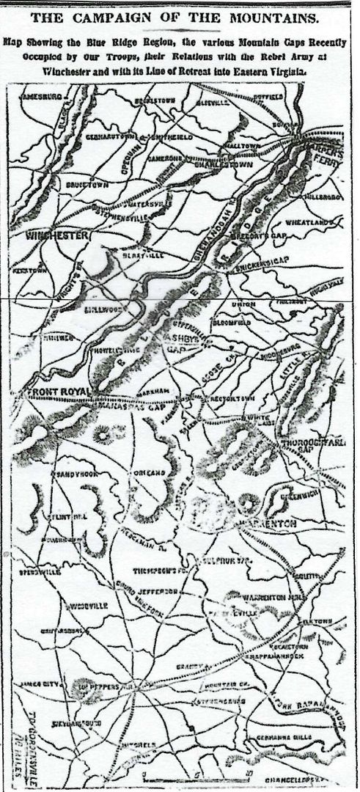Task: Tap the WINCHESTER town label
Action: (56, 235)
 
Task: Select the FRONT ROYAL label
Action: (56, 393)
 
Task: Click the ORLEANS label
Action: (150, 474)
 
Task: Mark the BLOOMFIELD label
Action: (232, 321)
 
